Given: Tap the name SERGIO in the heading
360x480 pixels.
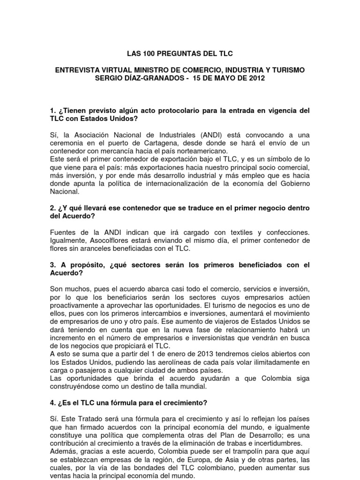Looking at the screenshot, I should (x=112, y=78).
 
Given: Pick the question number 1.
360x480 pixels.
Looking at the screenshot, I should (x=52, y=110).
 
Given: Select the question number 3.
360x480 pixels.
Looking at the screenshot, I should (x=52, y=266).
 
